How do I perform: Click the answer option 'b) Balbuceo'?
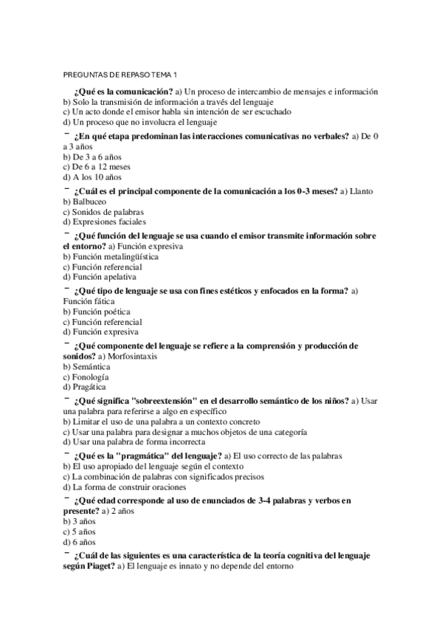click(85, 201)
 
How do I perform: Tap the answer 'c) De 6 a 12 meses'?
click(97, 167)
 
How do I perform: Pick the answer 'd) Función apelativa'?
click(98, 277)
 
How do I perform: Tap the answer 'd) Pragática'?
click(85, 386)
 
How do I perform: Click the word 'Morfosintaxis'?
click(134, 357)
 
